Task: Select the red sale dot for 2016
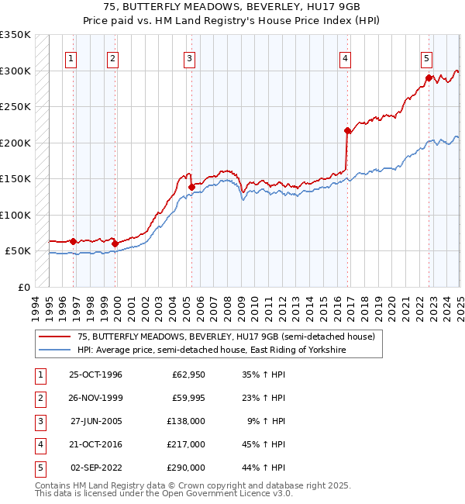(x=347, y=131)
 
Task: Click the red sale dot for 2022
(x=428, y=78)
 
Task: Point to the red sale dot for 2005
(x=191, y=186)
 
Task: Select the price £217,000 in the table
(x=187, y=445)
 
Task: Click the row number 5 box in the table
(x=40, y=468)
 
